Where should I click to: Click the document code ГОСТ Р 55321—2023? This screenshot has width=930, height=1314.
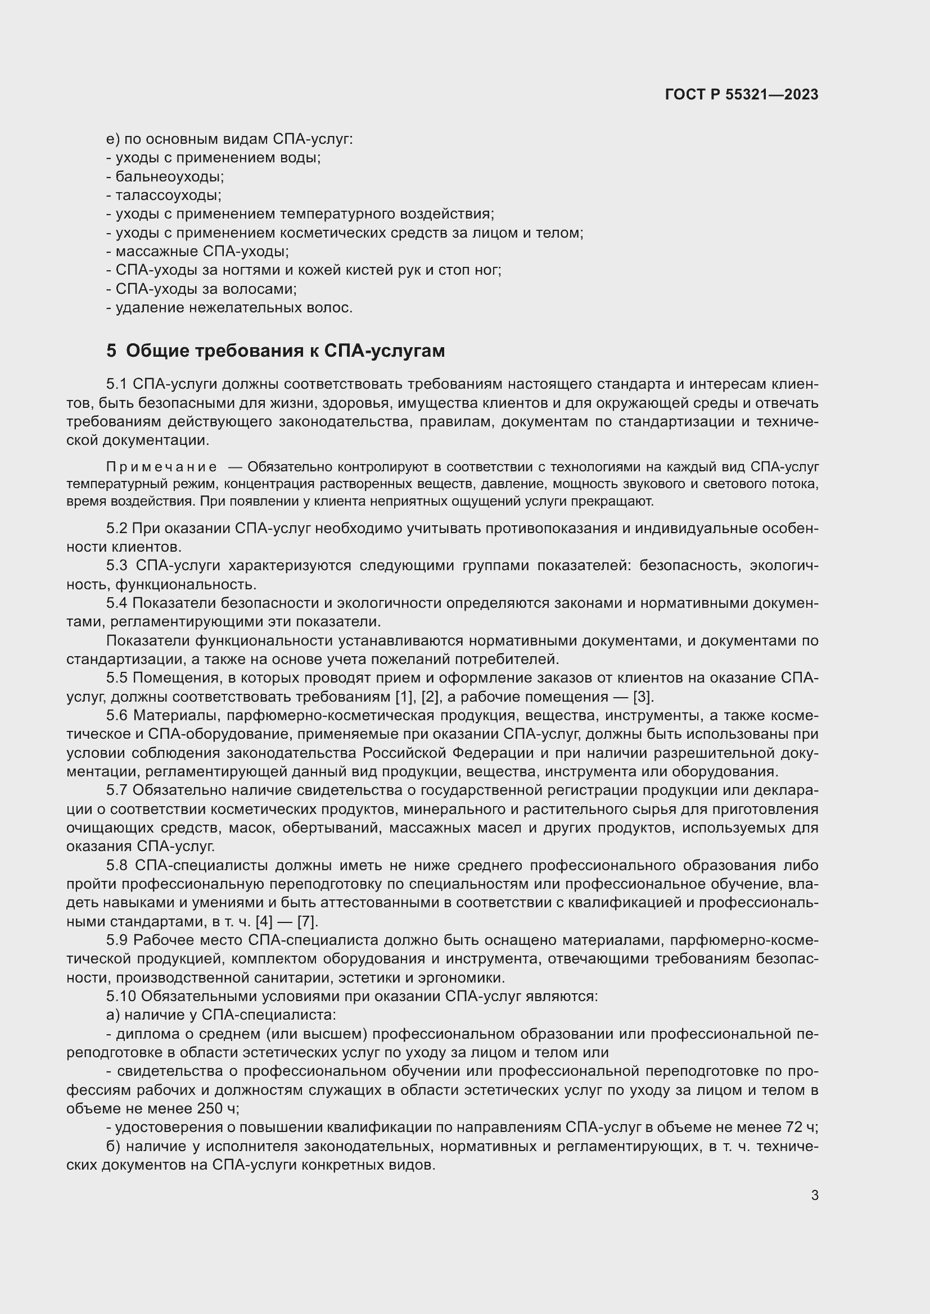[x=742, y=94]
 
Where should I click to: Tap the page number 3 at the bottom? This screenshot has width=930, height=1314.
[x=815, y=1195]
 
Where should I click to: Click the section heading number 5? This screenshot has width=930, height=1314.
[x=111, y=351]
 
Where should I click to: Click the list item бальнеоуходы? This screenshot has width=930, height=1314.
[x=169, y=176]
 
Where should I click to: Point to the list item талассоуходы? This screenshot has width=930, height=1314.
[x=168, y=195]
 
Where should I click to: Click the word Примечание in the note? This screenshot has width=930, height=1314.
[x=162, y=467]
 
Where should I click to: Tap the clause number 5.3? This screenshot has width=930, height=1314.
[x=117, y=566]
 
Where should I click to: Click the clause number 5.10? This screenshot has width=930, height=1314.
[x=121, y=997]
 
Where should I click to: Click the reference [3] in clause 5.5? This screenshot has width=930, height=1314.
[x=642, y=697]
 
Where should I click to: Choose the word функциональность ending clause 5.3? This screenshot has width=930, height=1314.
[x=185, y=584]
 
